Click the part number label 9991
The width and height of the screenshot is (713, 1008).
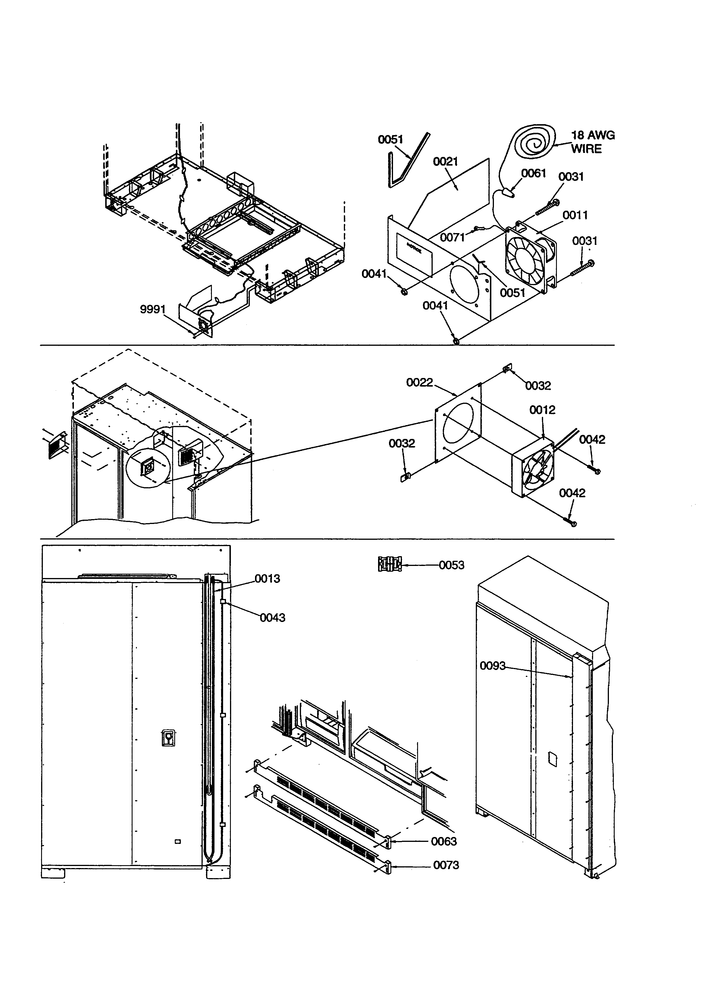[152, 310]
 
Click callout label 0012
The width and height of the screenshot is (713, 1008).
[542, 410]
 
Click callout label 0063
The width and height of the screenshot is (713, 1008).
[444, 841]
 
